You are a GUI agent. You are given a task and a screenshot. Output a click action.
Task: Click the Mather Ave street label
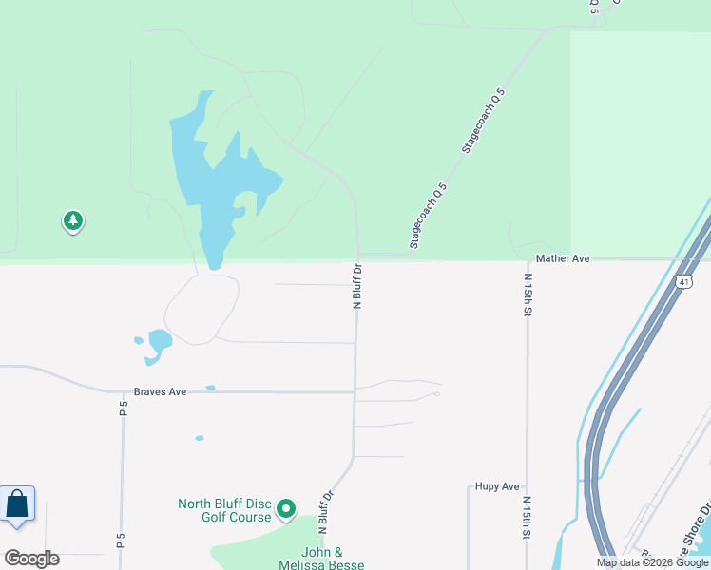[x=564, y=257]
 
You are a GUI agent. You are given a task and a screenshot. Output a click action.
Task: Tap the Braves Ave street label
[x=160, y=390]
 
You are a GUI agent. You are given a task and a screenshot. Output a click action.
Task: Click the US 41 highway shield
[x=684, y=282]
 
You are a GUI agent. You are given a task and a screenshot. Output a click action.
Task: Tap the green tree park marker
[x=73, y=221]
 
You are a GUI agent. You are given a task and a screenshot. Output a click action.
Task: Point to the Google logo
[x=31, y=558]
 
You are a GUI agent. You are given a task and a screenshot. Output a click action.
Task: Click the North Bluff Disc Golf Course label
[x=223, y=510]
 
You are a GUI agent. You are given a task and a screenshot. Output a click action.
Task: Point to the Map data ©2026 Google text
[x=653, y=562]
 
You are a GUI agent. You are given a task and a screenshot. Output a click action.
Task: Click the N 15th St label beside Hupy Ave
[x=527, y=517]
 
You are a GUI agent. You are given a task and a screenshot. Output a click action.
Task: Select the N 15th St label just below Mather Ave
[x=528, y=294]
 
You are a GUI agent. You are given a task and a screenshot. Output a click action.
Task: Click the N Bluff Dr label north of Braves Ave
[x=358, y=286]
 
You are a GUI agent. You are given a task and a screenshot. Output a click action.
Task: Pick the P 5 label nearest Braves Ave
[x=123, y=408]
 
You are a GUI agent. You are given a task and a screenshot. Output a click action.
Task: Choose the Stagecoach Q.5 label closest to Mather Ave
[x=428, y=218]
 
